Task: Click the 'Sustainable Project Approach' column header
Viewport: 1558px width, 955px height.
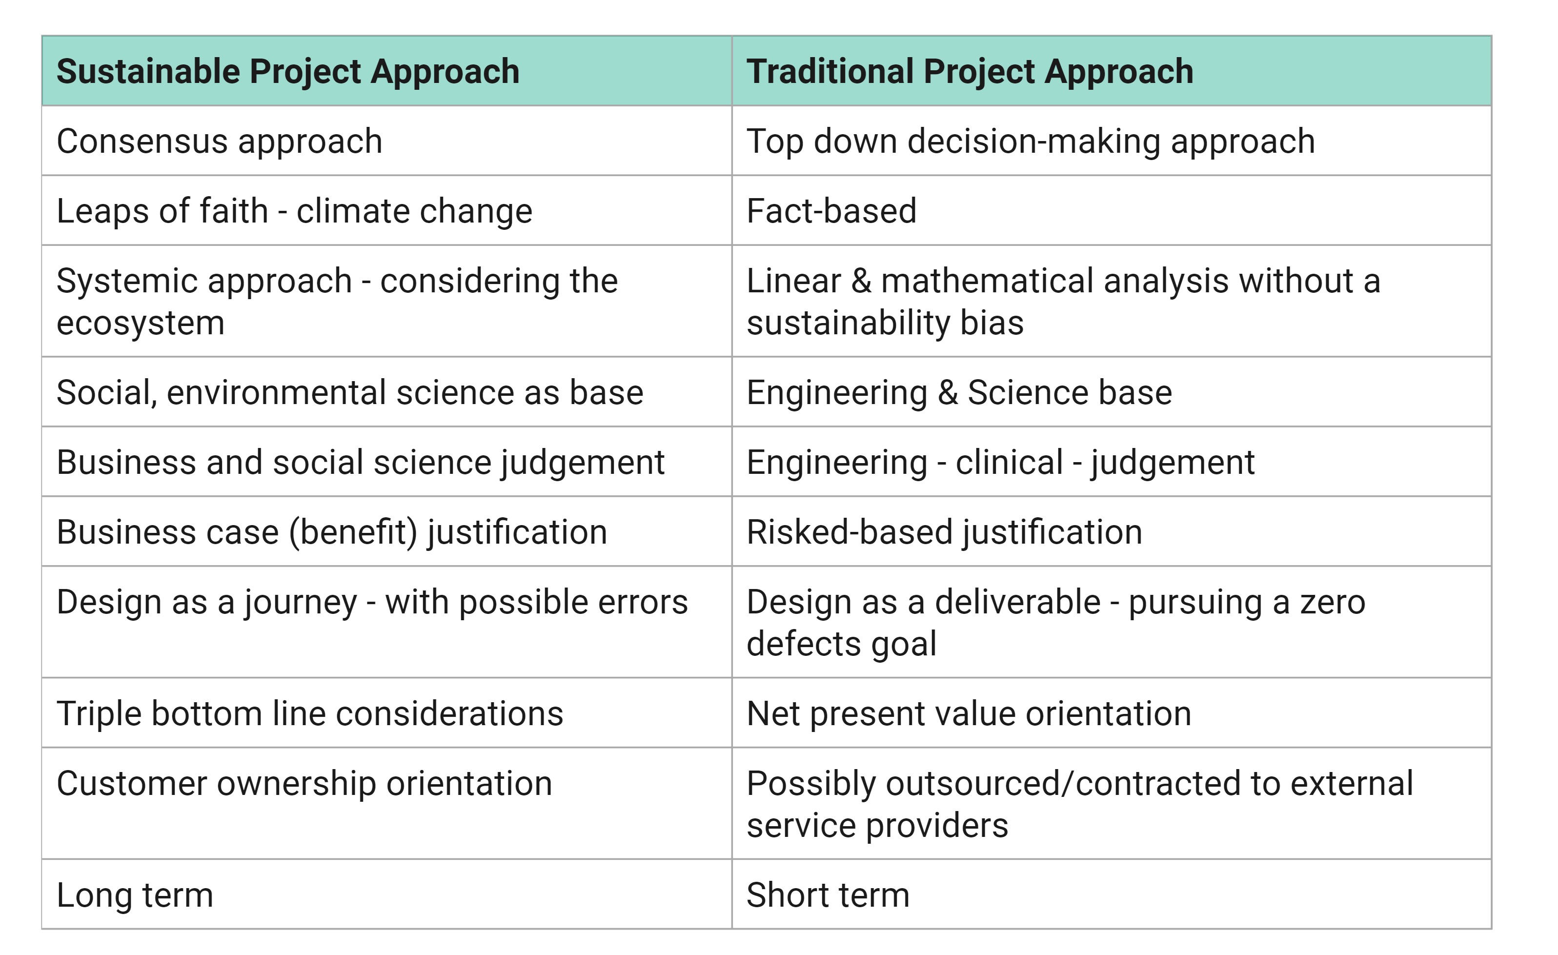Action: pyautogui.click(x=387, y=71)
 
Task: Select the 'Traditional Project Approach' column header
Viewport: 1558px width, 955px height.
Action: pyautogui.click(x=1112, y=71)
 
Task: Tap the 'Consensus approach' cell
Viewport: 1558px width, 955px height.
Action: pyautogui.click(x=387, y=141)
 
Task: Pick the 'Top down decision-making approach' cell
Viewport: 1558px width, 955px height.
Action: pyautogui.click(x=1112, y=141)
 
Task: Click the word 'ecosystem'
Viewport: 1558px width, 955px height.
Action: pyautogui.click(x=141, y=323)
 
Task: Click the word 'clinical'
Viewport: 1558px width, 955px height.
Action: pyautogui.click(x=1009, y=462)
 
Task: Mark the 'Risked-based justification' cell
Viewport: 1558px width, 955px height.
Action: pyautogui.click(x=1112, y=531)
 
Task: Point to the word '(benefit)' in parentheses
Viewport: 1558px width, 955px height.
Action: pyautogui.click(x=353, y=532)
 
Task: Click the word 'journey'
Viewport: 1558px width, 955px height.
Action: pyautogui.click(x=301, y=603)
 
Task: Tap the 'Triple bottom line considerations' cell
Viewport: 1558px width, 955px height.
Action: pyautogui.click(x=387, y=713)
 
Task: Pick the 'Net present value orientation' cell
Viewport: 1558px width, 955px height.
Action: pyautogui.click(x=1112, y=713)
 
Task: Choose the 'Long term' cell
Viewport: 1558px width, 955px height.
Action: pyautogui.click(x=387, y=894)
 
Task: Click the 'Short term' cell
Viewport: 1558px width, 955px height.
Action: pyautogui.click(x=1112, y=894)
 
